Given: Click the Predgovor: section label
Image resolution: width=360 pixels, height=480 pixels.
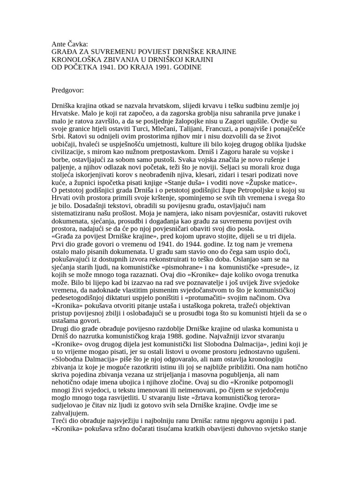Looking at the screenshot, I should coord(68,89).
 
